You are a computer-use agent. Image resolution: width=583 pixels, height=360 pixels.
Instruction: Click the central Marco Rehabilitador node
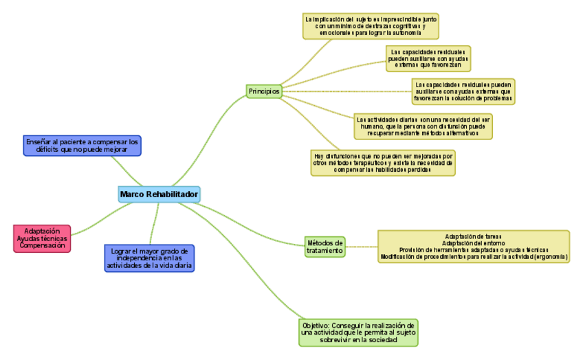pos(159,194)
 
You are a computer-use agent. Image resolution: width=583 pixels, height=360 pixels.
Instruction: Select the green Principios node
pos(264,91)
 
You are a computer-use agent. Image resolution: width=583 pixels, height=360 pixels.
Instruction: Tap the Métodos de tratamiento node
pos(324,247)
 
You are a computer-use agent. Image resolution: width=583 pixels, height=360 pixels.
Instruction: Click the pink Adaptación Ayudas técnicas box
pos(42,238)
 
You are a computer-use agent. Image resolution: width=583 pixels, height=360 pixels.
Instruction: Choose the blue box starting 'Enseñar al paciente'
pos(82,145)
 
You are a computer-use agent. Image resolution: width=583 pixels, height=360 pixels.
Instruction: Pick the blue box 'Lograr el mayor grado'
pos(149,258)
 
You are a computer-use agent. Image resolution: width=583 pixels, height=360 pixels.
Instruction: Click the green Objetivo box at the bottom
pos(359,332)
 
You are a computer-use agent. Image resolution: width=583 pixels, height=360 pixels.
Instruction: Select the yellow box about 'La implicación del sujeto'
pos(371,25)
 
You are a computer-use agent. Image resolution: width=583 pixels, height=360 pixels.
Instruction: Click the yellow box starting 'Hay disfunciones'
pos(383,163)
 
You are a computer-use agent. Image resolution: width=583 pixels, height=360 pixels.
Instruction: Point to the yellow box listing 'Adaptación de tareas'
pos(474,247)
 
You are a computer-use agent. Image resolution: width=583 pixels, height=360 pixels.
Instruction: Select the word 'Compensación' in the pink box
pos(42,245)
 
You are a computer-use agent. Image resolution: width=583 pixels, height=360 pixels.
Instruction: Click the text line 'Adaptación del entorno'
pos(474,243)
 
